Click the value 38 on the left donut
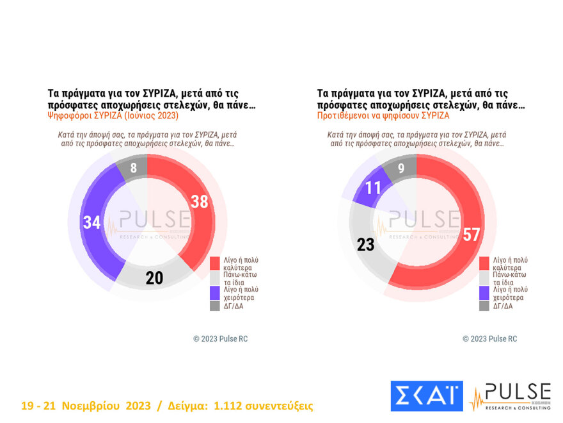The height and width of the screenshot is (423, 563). pos(200,202)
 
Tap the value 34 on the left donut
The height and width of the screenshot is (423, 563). pos(92,222)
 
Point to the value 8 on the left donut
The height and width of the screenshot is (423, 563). pos(133,169)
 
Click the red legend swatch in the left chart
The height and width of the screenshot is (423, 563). pos(216,264)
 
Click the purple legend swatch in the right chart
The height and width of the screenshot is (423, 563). pos(484,294)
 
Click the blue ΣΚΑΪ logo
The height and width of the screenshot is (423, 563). pos(426,395)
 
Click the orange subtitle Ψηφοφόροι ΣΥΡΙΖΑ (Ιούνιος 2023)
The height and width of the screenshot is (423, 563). pos(113,116)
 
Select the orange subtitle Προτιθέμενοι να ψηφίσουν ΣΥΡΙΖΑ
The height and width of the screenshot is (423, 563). pos(383,116)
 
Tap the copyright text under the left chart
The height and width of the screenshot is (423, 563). pos(220,338)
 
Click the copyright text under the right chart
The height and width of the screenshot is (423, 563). pos(489,338)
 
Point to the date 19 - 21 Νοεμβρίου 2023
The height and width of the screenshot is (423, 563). pos(86,406)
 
